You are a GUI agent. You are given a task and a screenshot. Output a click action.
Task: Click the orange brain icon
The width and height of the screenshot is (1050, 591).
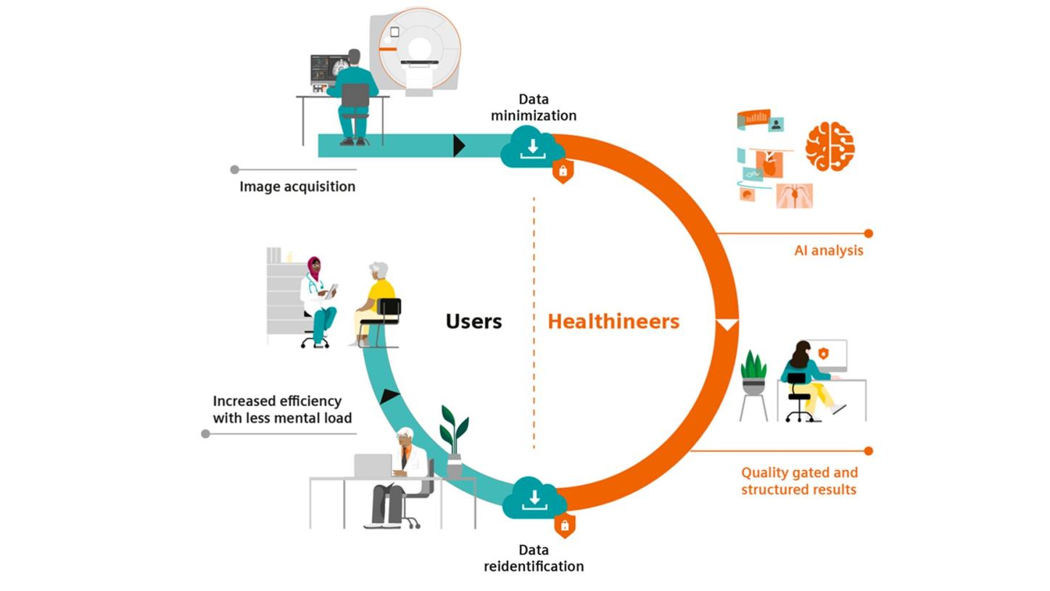pyautogui.click(x=830, y=146)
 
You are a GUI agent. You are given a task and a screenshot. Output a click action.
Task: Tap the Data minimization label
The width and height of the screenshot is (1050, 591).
pyautogui.click(x=533, y=107)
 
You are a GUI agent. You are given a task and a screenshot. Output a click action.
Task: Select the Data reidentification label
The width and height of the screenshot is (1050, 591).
pyautogui.click(x=533, y=558)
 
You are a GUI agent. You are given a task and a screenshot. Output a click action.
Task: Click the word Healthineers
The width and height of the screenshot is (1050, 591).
pyautogui.click(x=613, y=321)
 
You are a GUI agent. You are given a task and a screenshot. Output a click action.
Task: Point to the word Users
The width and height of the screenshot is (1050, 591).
pyautogui.click(x=473, y=321)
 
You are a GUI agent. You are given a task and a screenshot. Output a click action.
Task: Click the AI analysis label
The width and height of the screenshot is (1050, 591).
pyautogui.click(x=828, y=251)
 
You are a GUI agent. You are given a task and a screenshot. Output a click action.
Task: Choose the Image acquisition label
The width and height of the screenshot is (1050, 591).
pyautogui.click(x=297, y=186)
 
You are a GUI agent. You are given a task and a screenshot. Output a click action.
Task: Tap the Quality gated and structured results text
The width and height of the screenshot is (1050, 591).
pyautogui.click(x=799, y=481)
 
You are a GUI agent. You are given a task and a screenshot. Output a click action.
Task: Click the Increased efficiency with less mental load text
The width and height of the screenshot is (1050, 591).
pyautogui.click(x=282, y=410)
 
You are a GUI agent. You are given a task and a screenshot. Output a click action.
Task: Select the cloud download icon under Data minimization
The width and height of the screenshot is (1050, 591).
pyautogui.click(x=532, y=147)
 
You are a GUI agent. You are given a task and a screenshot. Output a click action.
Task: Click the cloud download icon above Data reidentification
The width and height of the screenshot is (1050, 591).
pyautogui.click(x=534, y=498)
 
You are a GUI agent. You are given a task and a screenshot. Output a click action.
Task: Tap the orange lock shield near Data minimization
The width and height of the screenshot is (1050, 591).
pyautogui.click(x=563, y=172)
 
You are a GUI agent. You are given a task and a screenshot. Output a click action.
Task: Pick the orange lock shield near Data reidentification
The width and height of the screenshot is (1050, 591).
pyautogui.click(x=564, y=525)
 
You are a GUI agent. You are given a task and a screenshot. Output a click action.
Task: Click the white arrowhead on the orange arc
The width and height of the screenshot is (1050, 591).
pyautogui.click(x=727, y=324)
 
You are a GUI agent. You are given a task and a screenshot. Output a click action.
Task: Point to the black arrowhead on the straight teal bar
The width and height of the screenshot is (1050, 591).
pyautogui.click(x=458, y=146)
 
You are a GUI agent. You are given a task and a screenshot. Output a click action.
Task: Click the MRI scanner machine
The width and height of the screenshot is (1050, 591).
pyautogui.click(x=418, y=51)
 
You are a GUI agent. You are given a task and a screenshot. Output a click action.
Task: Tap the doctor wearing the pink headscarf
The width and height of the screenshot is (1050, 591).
pyautogui.click(x=317, y=297)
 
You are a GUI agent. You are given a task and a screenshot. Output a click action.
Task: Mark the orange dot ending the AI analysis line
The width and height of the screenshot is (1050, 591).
pyautogui.click(x=868, y=233)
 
